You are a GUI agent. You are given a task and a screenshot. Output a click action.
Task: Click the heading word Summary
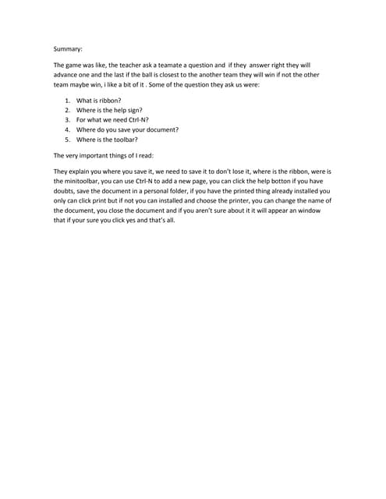pos(68,48)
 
